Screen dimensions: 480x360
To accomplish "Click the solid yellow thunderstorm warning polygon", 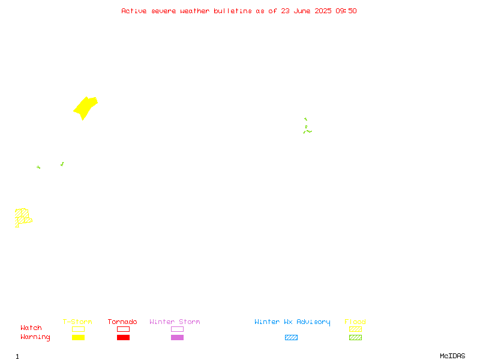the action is click(85, 108).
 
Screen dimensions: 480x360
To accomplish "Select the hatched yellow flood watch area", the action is click(22, 217).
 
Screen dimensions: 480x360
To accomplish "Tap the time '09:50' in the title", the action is click(346, 11).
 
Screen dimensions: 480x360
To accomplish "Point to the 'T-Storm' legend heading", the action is click(77, 322).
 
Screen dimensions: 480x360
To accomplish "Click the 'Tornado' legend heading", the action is click(122, 322).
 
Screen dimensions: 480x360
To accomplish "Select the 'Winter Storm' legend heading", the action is click(175, 322).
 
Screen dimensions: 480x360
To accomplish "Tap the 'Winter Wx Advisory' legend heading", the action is click(292, 322).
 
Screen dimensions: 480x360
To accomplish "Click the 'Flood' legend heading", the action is click(355, 322).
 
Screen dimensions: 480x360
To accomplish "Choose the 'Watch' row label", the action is click(31, 328).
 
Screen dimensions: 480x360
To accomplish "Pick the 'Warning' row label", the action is click(35, 337).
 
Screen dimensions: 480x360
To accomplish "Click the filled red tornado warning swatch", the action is click(124, 337).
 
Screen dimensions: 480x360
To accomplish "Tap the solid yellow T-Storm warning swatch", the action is click(79, 337).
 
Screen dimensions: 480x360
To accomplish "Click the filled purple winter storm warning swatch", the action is click(177, 337).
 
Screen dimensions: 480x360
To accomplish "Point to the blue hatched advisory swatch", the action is click(291, 337).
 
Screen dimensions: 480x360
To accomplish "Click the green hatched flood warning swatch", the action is click(355, 337).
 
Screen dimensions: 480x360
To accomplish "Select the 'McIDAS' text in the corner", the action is click(452, 356).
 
